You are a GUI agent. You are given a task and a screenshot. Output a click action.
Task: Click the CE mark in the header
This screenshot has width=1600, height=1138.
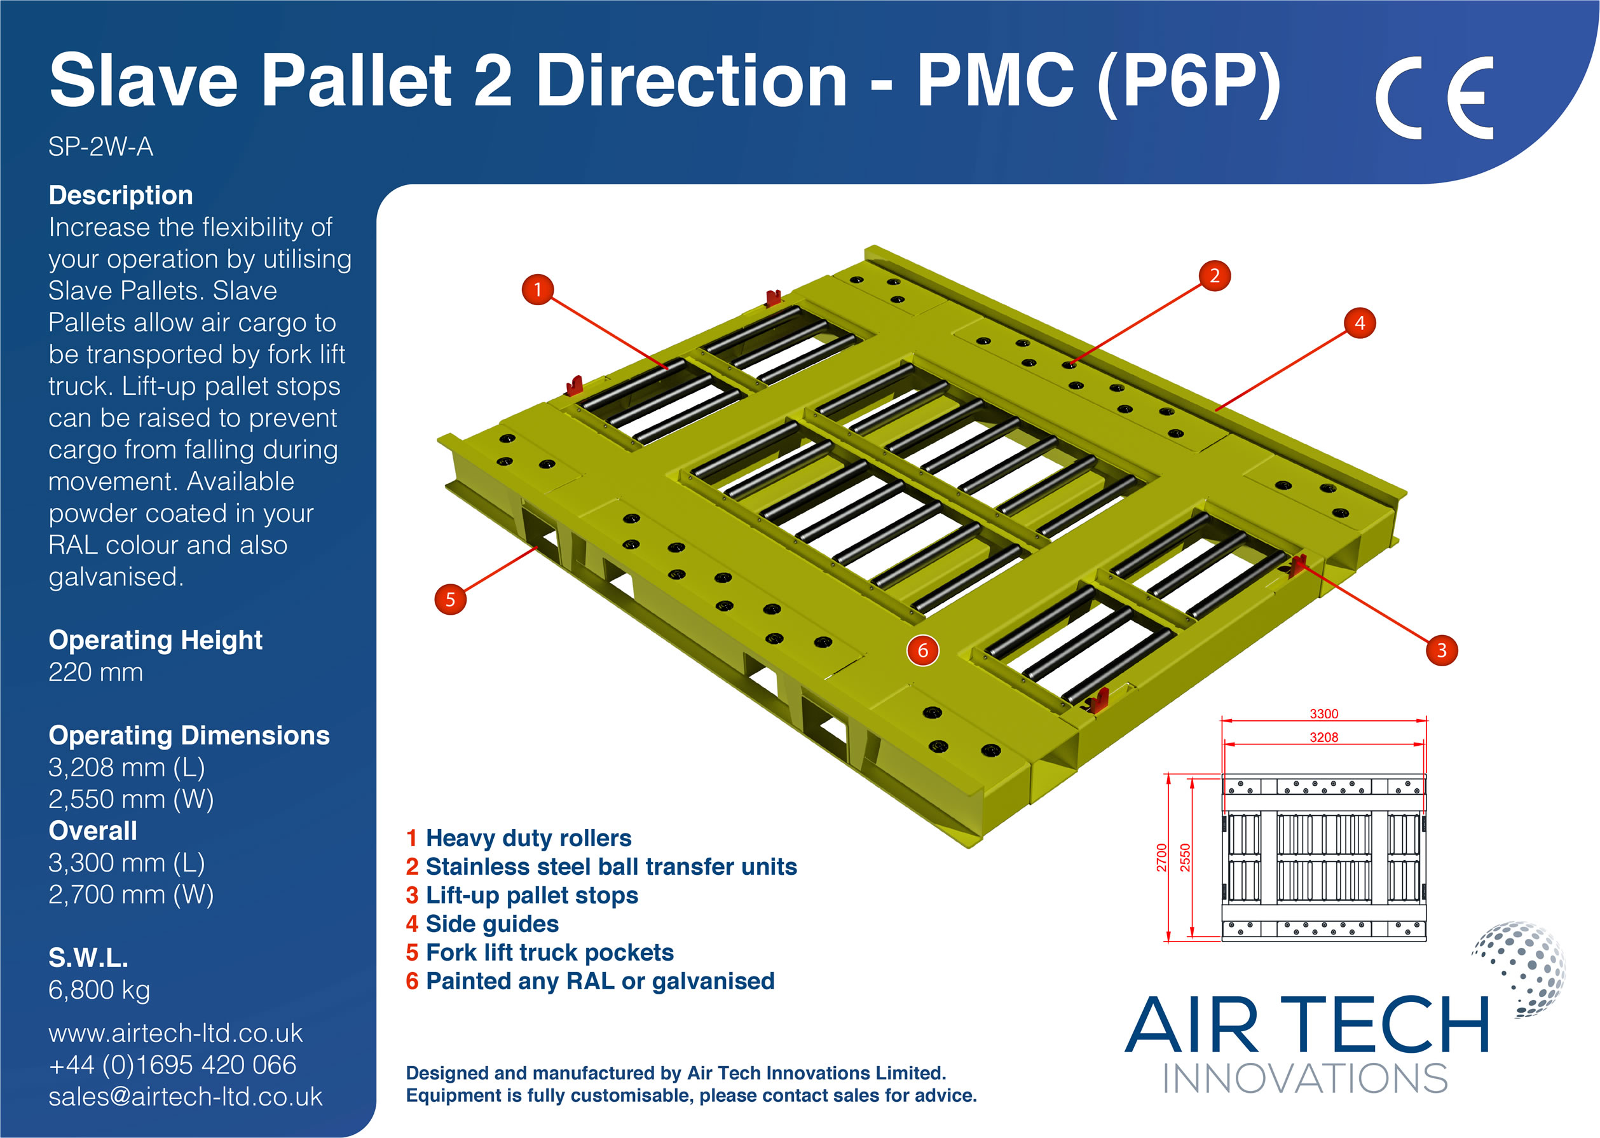[1434, 98]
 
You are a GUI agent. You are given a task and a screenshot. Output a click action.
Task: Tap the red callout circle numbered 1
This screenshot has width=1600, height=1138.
[537, 289]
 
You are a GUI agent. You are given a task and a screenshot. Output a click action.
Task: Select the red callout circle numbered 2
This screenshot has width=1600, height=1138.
[1214, 275]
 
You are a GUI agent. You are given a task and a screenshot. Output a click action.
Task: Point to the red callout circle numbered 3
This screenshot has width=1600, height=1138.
[1441, 650]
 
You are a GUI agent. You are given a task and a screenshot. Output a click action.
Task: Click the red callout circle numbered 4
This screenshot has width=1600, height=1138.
[1359, 323]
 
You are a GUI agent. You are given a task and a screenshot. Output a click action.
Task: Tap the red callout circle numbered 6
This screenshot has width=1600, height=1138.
[922, 650]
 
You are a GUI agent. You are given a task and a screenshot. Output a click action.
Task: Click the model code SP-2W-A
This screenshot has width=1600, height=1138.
[101, 147]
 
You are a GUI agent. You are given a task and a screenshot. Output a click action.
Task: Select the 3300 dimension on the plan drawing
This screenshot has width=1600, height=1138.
[1323, 713]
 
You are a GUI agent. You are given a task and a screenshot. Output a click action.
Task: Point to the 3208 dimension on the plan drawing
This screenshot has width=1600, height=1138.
[1323, 737]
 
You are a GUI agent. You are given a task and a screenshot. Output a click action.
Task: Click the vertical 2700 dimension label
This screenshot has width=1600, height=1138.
[1161, 858]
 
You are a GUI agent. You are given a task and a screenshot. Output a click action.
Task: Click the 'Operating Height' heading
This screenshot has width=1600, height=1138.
[155, 640]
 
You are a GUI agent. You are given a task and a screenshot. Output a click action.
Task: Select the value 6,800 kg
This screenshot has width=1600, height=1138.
[99, 989]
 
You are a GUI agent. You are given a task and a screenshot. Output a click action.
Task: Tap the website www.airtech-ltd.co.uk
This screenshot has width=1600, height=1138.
[175, 1033]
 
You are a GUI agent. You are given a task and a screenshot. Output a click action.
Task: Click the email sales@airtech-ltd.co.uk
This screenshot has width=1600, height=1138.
[185, 1097]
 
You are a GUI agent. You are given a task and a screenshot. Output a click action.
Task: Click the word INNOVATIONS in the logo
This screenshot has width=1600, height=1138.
[1305, 1079]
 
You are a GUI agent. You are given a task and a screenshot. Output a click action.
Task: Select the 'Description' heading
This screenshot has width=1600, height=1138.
[121, 195]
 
